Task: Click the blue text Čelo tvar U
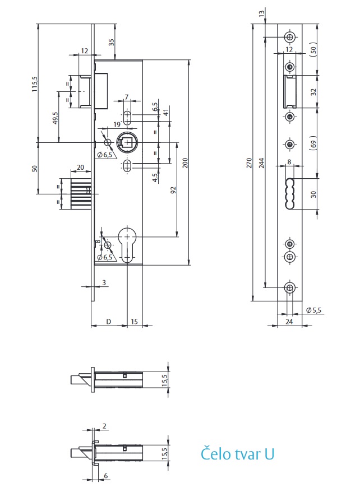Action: [x=238, y=453]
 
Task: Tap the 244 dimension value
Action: [x=262, y=162]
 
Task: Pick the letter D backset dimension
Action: [x=109, y=321]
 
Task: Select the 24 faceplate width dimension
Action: [x=289, y=322]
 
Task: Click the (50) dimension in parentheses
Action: [x=314, y=49]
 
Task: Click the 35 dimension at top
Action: [x=112, y=42]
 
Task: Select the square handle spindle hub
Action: [x=127, y=141]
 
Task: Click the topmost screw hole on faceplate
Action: [x=289, y=37]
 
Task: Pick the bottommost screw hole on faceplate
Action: [x=289, y=287]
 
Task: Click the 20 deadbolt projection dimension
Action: [x=80, y=168]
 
